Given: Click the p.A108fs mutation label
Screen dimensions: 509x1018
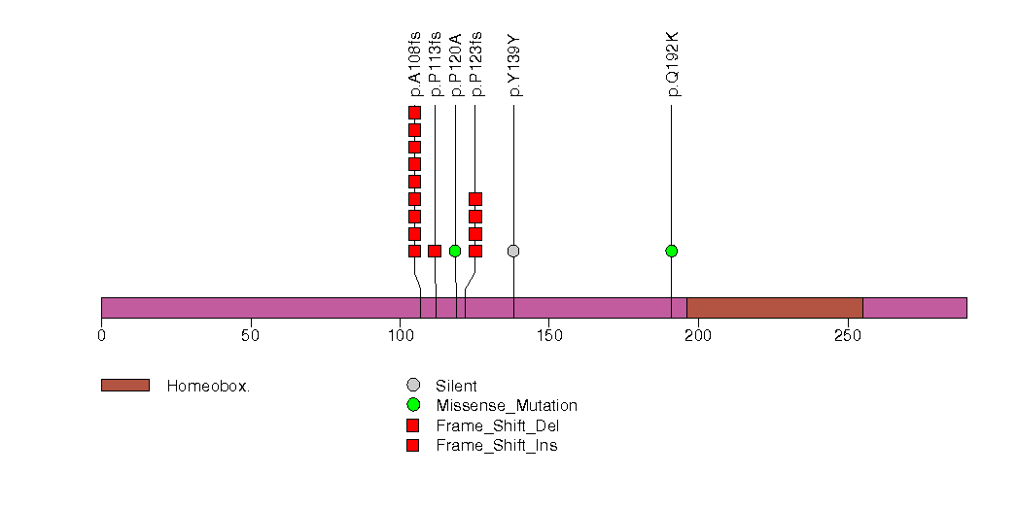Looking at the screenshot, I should coord(415,64).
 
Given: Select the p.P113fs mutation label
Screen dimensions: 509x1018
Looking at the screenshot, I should coord(436,64).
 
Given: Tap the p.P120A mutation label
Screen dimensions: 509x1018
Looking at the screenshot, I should coord(456,64).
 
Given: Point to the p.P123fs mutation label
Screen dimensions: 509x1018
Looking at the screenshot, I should coord(476,64).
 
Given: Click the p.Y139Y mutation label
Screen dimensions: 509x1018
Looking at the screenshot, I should coord(515,66).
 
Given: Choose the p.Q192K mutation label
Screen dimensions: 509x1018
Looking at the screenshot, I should coord(673,64).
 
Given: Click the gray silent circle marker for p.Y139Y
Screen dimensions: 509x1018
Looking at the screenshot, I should coord(513,251).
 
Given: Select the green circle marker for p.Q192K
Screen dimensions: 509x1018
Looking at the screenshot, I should coord(671,251).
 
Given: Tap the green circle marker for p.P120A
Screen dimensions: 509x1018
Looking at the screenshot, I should coord(455,251).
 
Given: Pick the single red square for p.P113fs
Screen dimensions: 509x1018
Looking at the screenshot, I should coord(435,251).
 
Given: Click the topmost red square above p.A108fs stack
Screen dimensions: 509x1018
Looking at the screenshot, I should coord(414,113).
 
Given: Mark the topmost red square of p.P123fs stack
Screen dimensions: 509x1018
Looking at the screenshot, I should coord(475,199).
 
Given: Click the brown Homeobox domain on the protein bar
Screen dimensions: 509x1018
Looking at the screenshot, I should coord(774,307).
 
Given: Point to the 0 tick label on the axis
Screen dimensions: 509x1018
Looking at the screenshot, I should coord(101,336).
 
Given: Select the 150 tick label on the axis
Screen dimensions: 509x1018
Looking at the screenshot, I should coord(548,336).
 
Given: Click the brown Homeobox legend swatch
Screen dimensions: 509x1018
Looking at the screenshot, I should coord(124,386).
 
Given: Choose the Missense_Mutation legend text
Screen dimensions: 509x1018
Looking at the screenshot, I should coord(507,406).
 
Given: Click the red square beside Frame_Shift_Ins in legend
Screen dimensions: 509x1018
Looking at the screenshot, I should coord(413,446).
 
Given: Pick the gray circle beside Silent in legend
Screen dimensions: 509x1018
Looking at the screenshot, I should coord(413,386).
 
